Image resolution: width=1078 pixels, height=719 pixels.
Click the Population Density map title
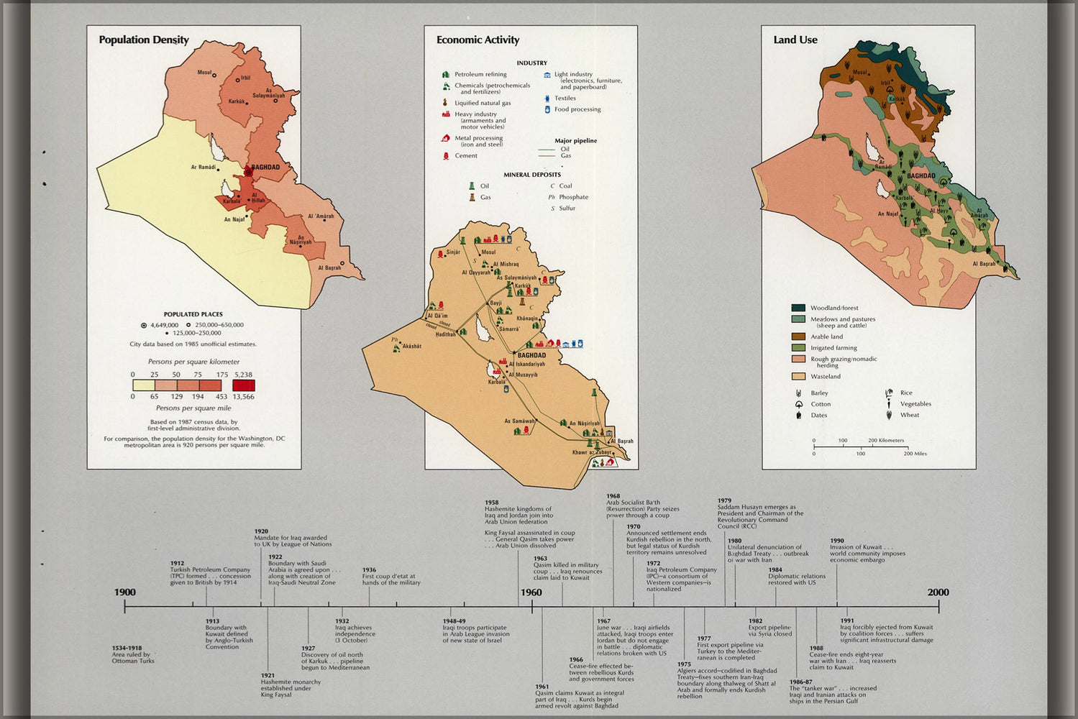point(144,40)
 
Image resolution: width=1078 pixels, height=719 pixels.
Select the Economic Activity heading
point(478,40)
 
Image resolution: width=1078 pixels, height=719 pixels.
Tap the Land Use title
point(795,40)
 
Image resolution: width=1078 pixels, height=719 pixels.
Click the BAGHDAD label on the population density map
point(265,168)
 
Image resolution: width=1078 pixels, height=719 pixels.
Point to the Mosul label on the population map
point(204,73)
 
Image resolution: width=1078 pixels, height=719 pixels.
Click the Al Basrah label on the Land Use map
point(984,264)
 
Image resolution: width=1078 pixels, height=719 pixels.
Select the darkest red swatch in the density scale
point(243,385)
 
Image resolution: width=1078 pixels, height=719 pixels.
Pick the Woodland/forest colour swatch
point(798,308)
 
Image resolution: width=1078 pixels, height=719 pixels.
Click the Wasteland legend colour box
point(798,376)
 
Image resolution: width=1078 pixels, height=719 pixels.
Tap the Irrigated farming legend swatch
point(798,348)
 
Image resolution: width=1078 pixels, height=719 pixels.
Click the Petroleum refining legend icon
point(446,75)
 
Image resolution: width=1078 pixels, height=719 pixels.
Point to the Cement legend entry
point(465,156)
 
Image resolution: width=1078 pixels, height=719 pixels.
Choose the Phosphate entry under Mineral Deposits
point(573,197)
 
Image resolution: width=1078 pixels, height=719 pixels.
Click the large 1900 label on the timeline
point(124,592)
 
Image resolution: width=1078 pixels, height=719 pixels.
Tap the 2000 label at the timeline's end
point(938,592)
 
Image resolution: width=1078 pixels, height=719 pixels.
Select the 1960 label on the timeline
point(531,592)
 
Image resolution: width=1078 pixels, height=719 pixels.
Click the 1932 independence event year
point(342,621)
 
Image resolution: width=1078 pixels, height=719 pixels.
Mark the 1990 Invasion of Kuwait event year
point(836,541)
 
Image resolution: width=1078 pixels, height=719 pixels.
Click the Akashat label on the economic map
point(411,347)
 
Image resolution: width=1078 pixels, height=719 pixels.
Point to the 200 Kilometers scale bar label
point(886,440)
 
